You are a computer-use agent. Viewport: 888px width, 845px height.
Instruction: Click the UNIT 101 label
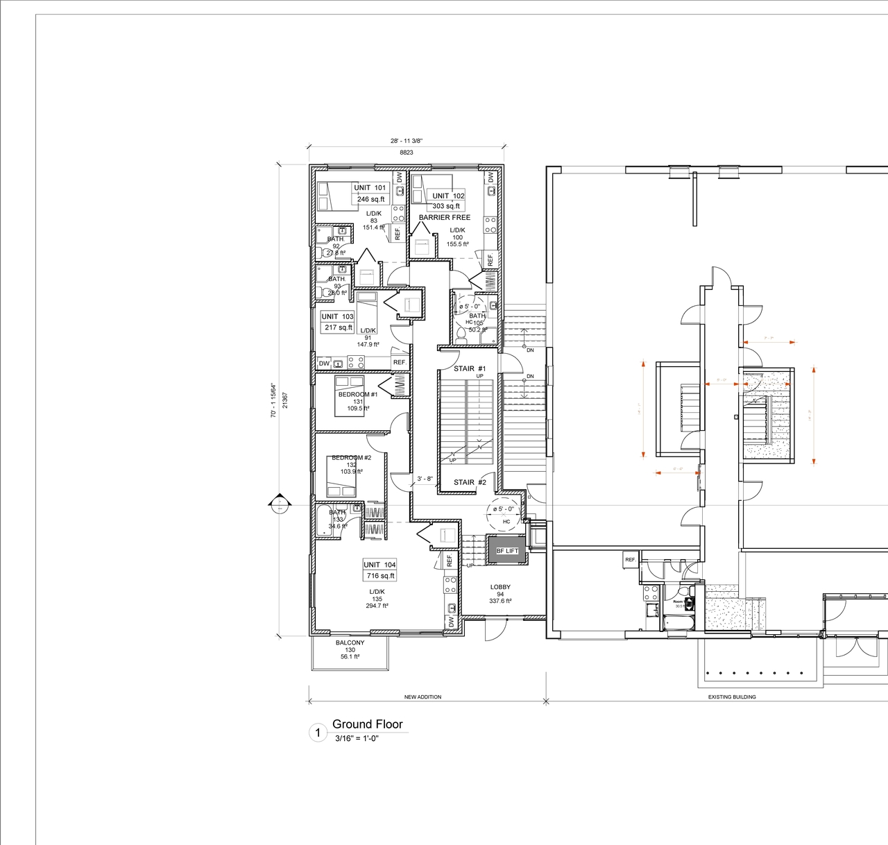coord(370,187)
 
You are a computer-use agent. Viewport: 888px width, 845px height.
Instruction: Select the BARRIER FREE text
coord(444,217)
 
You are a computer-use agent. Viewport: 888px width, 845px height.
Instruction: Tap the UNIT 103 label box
coord(337,316)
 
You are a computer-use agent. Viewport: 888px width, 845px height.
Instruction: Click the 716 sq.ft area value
coord(380,576)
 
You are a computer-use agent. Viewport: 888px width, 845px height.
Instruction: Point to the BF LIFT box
coord(507,551)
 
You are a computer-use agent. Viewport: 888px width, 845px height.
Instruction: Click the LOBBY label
coord(500,587)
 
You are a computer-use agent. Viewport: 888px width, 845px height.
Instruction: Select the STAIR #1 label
coord(470,368)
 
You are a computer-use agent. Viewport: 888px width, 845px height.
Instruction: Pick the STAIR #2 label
coord(470,482)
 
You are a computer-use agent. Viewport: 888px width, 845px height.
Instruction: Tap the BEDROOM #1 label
coord(358,394)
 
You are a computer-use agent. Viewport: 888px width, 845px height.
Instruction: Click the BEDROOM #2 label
coord(351,458)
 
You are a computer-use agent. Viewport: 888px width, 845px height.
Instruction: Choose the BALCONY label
coord(350,642)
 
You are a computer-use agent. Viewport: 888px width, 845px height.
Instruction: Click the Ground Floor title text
coord(367,724)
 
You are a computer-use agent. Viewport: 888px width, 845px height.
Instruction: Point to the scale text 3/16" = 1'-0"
coord(357,738)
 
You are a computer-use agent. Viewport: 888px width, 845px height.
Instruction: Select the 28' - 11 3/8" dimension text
coord(406,141)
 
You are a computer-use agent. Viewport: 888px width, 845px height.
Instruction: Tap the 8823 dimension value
coord(406,152)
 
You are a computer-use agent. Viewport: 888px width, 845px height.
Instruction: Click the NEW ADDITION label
coord(422,697)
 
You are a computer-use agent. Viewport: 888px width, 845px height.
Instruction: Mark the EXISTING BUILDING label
coord(732,697)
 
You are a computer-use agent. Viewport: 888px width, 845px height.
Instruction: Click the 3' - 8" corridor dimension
coord(425,479)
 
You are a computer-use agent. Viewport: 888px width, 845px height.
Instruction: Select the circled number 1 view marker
coord(318,733)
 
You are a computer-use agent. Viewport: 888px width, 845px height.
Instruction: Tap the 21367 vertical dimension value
coord(285,400)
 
